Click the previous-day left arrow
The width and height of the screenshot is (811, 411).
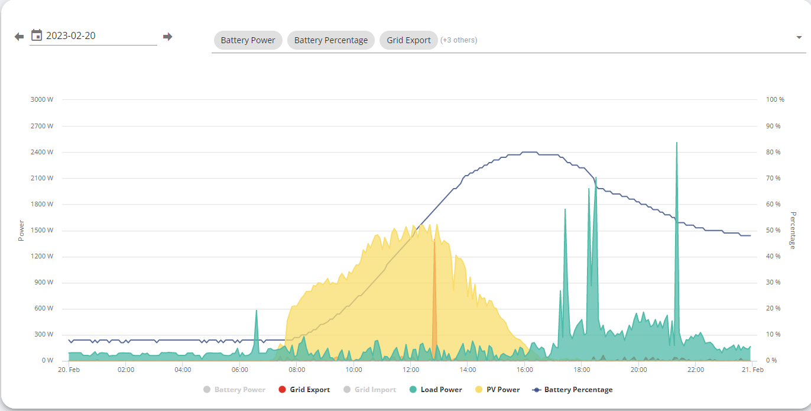tap(19, 37)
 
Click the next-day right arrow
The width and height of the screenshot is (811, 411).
tap(167, 37)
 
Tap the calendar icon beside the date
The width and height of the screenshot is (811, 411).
tap(37, 35)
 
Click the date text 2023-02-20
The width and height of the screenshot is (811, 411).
tap(70, 35)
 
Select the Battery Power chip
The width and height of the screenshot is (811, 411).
tap(248, 40)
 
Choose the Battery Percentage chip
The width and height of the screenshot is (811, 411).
tap(331, 40)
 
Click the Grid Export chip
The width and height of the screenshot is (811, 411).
tap(408, 40)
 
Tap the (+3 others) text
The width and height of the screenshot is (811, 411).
tap(459, 40)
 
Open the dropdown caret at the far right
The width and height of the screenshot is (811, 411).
tap(799, 37)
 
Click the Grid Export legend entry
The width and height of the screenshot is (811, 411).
tap(304, 390)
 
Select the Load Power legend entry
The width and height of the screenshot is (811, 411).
tap(436, 390)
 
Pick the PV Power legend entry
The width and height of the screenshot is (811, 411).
tap(498, 390)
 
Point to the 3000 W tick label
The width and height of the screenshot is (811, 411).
tap(42, 99)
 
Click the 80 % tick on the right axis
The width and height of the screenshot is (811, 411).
tap(773, 152)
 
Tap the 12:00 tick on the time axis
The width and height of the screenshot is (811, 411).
tap(411, 370)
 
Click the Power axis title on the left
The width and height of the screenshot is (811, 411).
tap(21, 230)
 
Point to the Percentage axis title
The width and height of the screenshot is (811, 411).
tap(793, 230)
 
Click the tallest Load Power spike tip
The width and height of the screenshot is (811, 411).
tap(677, 143)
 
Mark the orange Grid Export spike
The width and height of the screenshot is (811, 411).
tap(434, 300)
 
